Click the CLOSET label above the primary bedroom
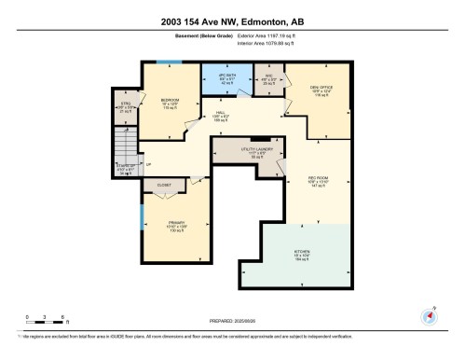pyautogui.click(x=164, y=186)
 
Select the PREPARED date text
pyautogui.click(x=233, y=316)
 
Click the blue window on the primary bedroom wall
pyautogui.click(x=142, y=225)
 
